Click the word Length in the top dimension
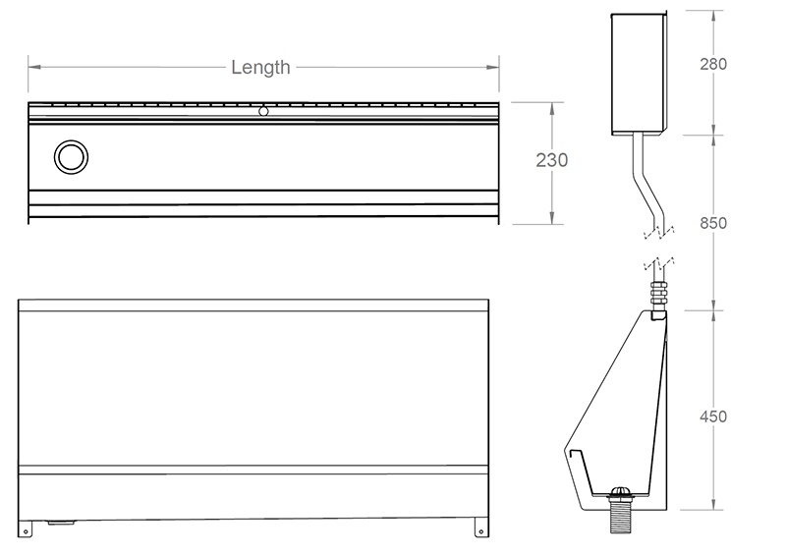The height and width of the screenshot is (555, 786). click(260, 68)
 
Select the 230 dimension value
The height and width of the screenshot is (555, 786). click(551, 161)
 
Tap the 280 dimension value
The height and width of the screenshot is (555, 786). click(712, 65)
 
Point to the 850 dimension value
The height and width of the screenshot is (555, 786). click(712, 223)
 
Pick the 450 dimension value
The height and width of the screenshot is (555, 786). click(712, 416)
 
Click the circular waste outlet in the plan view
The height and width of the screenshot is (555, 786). click(71, 156)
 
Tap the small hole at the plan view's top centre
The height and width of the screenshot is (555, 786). click(263, 111)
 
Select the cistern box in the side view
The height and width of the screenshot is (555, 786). click(640, 73)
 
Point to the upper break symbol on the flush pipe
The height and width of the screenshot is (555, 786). click(657, 233)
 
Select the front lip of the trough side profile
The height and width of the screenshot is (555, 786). click(570, 457)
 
